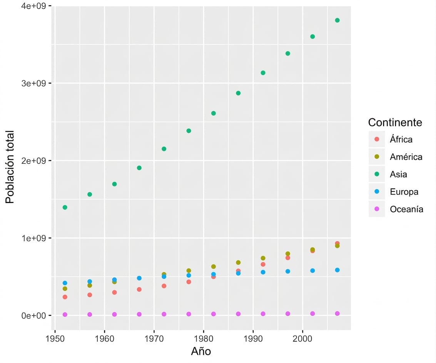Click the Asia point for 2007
click(x=337, y=20)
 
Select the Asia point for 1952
click(x=65, y=207)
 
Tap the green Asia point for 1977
click(x=189, y=131)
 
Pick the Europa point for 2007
click(x=337, y=270)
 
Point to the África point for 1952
click(x=65, y=297)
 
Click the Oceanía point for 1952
click(x=65, y=315)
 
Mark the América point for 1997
click(x=288, y=254)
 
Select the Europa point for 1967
click(x=139, y=278)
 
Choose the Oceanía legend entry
click(x=396, y=209)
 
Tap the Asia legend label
click(x=398, y=174)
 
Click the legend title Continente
click(x=395, y=122)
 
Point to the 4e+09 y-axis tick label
click(x=33, y=6)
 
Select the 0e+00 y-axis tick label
click(x=33, y=315)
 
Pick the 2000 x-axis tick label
click(x=302, y=338)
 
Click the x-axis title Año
click(x=201, y=351)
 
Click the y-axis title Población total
click(x=10, y=167)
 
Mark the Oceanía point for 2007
click(x=337, y=313)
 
